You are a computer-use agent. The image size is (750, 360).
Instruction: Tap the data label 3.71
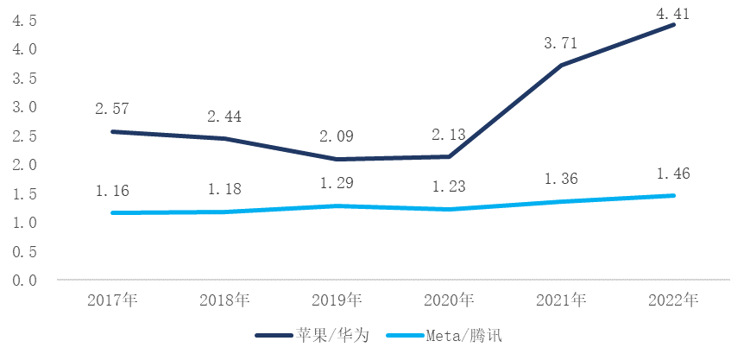click(561, 42)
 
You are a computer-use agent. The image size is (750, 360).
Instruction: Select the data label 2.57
click(112, 109)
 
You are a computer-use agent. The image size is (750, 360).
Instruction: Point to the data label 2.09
click(337, 136)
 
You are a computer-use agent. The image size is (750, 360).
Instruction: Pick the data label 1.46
click(673, 174)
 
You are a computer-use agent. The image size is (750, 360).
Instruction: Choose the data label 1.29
click(337, 184)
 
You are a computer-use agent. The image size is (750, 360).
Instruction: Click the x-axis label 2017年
click(112, 300)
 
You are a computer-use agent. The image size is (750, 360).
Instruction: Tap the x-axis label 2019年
click(337, 300)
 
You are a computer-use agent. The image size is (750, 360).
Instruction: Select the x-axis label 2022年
click(673, 300)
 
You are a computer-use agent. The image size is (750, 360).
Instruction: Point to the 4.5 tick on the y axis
click(24, 21)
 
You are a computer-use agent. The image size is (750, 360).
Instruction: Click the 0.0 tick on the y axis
click(24, 281)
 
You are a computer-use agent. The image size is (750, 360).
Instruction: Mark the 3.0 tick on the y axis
click(24, 107)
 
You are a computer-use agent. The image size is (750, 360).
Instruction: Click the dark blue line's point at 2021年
click(561, 66)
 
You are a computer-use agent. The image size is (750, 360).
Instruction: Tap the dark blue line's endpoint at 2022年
click(673, 25)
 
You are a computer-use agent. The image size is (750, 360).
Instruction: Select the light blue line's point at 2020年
click(449, 209)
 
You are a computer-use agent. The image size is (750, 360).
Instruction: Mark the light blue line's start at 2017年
click(112, 212)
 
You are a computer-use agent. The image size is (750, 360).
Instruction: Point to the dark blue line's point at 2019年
click(337, 159)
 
